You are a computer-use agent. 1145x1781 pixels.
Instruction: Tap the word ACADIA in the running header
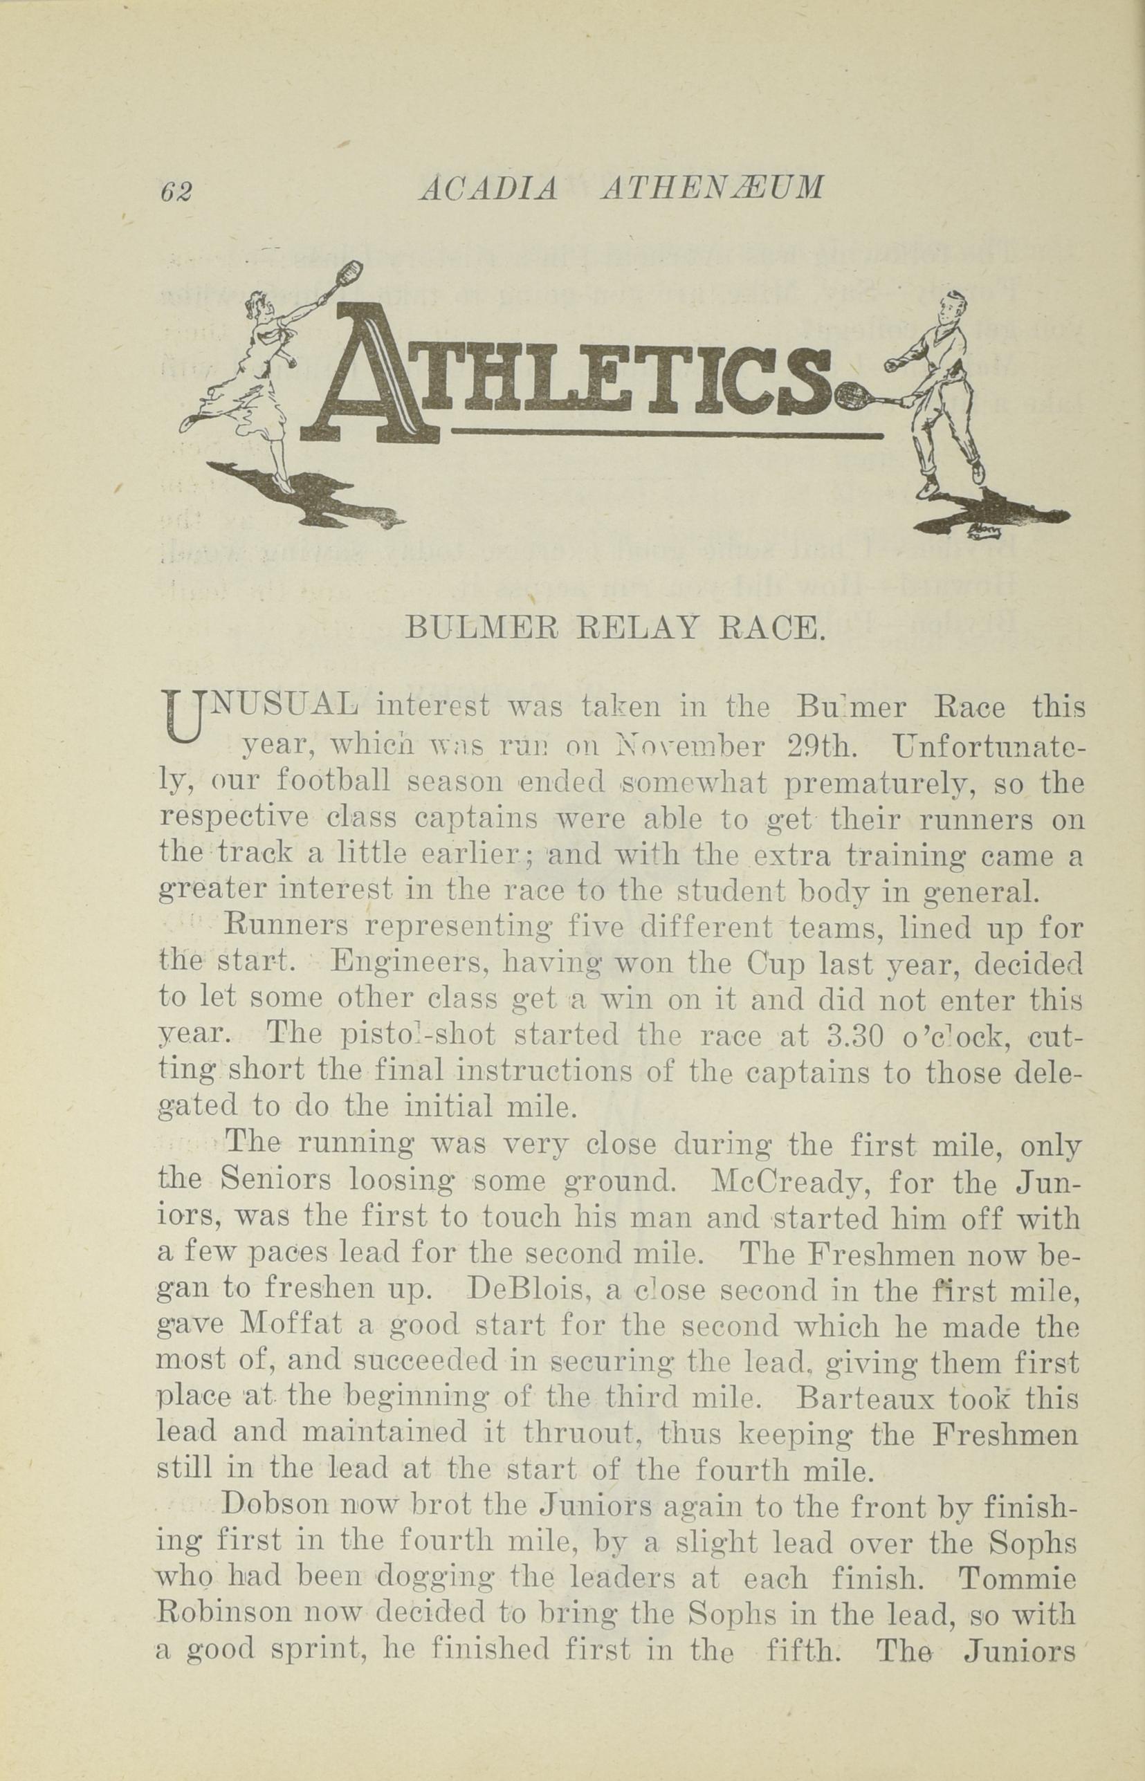pyautogui.click(x=488, y=189)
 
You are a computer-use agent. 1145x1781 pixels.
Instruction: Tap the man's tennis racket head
pyautogui.click(x=850, y=397)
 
